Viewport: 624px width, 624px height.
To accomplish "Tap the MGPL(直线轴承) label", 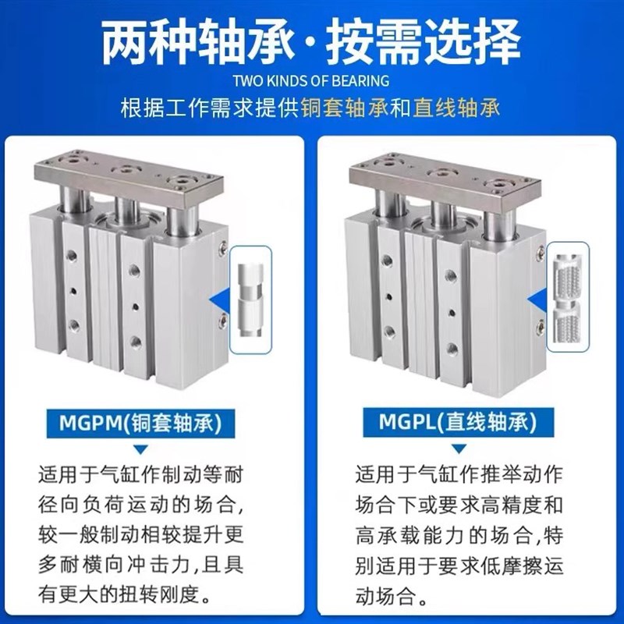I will (456, 424).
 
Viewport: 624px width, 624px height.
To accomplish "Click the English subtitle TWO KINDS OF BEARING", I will (311, 80).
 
